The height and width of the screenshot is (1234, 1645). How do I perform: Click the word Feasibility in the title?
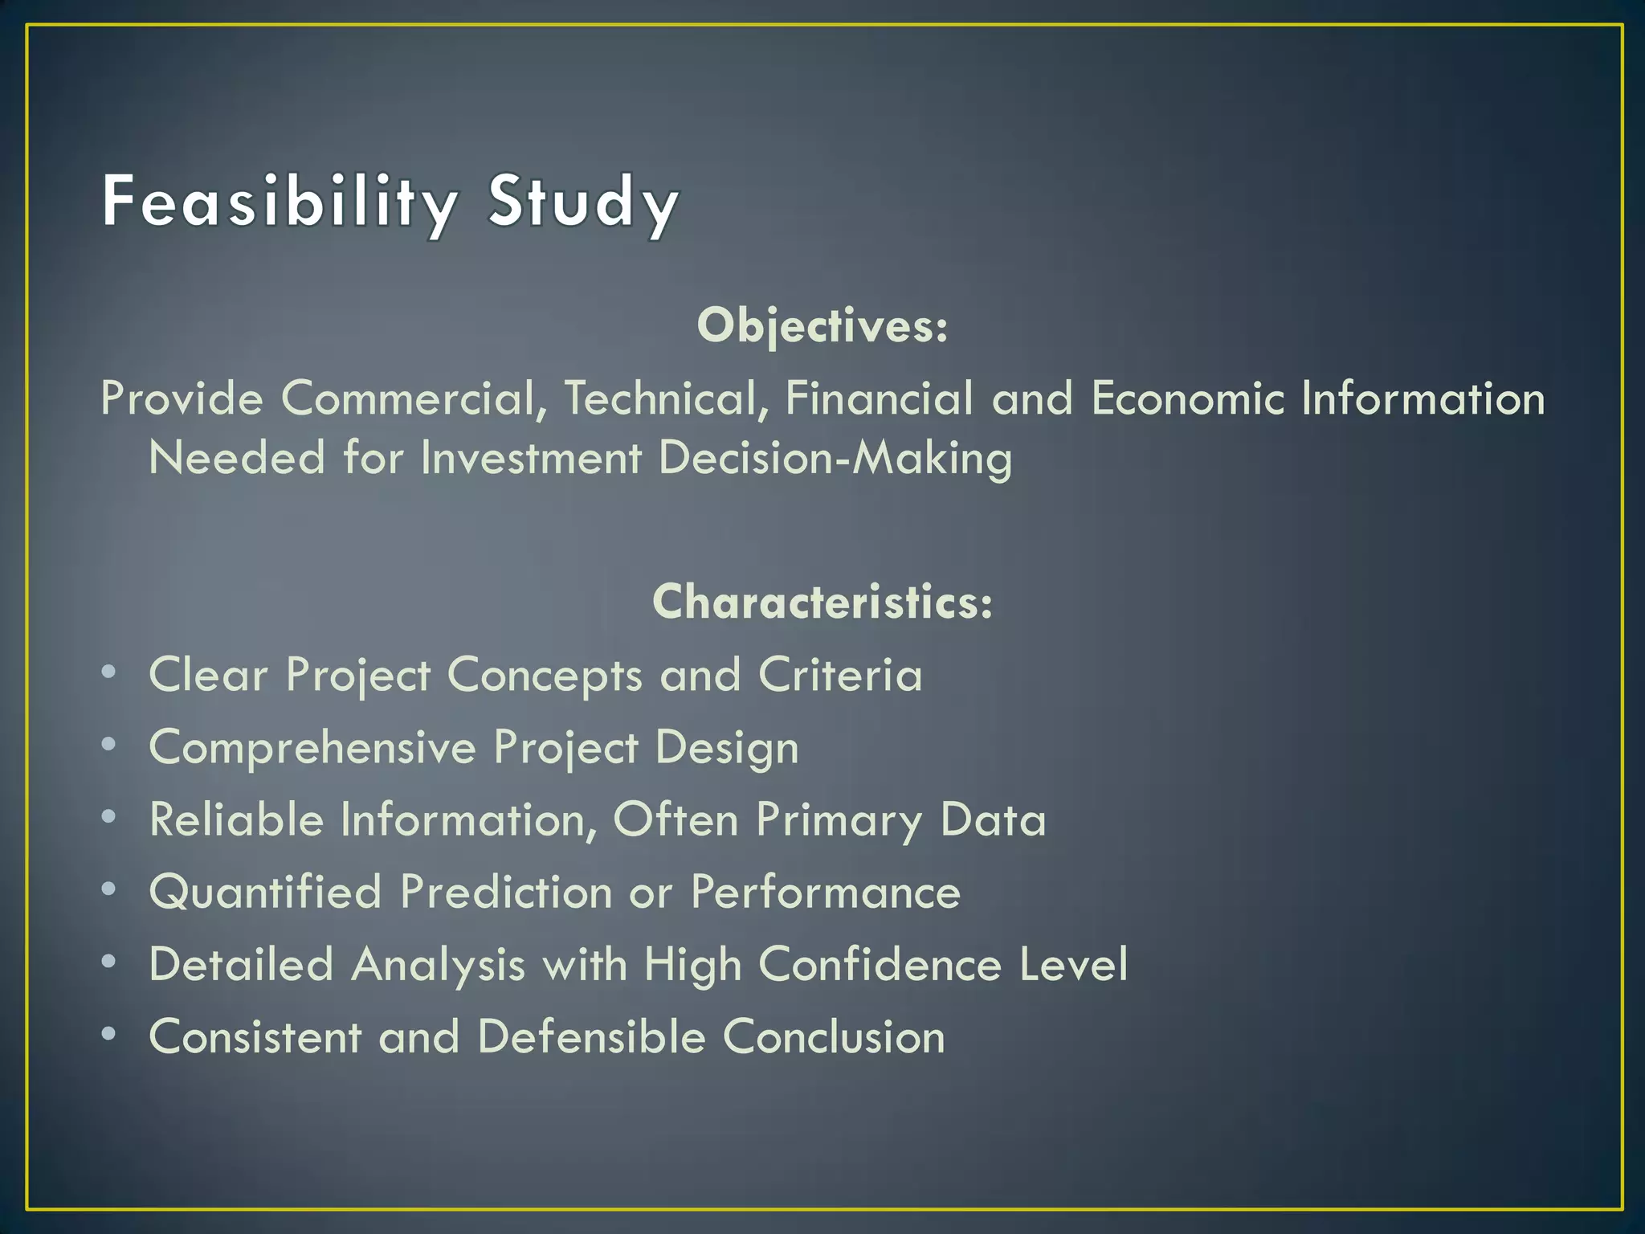tap(280, 202)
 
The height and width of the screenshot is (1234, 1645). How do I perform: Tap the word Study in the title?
tap(584, 202)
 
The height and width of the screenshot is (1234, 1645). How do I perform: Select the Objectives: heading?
tap(822, 326)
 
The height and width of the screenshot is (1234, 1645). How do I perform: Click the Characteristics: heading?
tap(822, 602)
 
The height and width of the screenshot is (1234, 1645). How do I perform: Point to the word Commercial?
tap(408, 398)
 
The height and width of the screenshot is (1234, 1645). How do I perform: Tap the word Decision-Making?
tap(835, 459)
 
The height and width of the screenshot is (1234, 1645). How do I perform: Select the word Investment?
tap(531, 459)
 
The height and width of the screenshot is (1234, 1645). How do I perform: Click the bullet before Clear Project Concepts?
tap(109, 672)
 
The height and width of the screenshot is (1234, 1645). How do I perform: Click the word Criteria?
tap(840, 675)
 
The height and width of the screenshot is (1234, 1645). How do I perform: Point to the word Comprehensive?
tap(312, 748)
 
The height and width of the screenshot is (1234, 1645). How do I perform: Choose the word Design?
tap(727, 748)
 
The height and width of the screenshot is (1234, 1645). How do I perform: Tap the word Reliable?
tap(236, 819)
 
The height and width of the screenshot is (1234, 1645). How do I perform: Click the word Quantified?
tap(265, 893)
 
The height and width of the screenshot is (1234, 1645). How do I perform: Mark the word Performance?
tap(826, 893)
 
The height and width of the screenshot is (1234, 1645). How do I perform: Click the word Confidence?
tap(880, 964)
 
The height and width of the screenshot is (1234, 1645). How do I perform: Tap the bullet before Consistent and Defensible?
tap(109, 1033)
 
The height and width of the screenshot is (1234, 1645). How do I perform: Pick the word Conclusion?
tap(834, 1036)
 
